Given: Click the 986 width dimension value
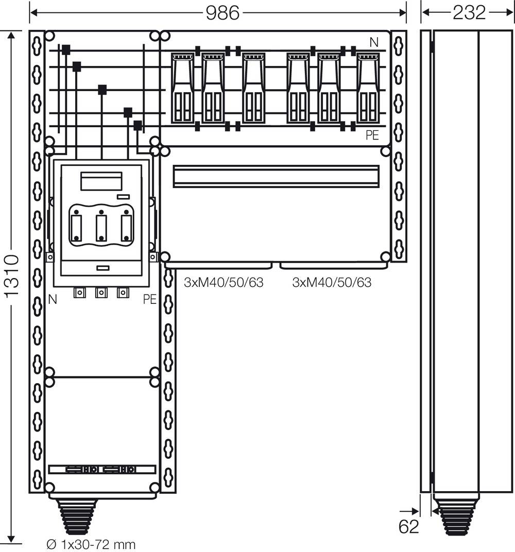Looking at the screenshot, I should pyautogui.click(x=222, y=12).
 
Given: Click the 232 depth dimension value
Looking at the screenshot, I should pyautogui.click(x=469, y=12).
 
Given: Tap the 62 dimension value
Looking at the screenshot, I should pyautogui.click(x=409, y=527).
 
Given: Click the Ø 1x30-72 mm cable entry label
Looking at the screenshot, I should pyautogui.click(x=91, y=544).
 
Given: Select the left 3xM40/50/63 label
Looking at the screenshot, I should pyautogui.click(x=224, y=282).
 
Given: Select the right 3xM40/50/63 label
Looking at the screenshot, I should pyautogui.click(x=332, y=282).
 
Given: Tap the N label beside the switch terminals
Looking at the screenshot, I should pyautogui.click(x=53, y=299).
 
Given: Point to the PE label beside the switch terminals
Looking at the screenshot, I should pyautogui.click(x=149, y=299).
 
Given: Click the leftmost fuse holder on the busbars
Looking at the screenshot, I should pyautogui.click(x=183, y=88).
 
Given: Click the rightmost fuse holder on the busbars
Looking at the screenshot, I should pyautogui.click(x=368, y=88).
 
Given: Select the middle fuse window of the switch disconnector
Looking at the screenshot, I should pyautogui.click(x=101, y=227).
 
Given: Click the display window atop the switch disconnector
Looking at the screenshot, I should pyautogui.click(x=101, y=181).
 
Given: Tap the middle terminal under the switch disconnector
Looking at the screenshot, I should pyautogui.click(x=101, y=293).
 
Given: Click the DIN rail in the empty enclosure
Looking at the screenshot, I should pyautogui.click(x=276, y=176).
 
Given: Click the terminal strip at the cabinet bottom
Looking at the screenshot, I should pyautogui.click(x=102, y=470).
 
